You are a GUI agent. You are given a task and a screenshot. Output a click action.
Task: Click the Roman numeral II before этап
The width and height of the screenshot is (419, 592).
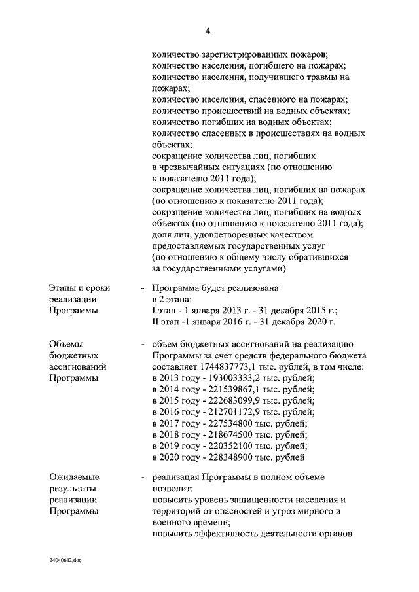(x=155, y=321)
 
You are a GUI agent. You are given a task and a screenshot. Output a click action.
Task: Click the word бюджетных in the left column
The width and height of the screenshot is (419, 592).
(x=74, y=355)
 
